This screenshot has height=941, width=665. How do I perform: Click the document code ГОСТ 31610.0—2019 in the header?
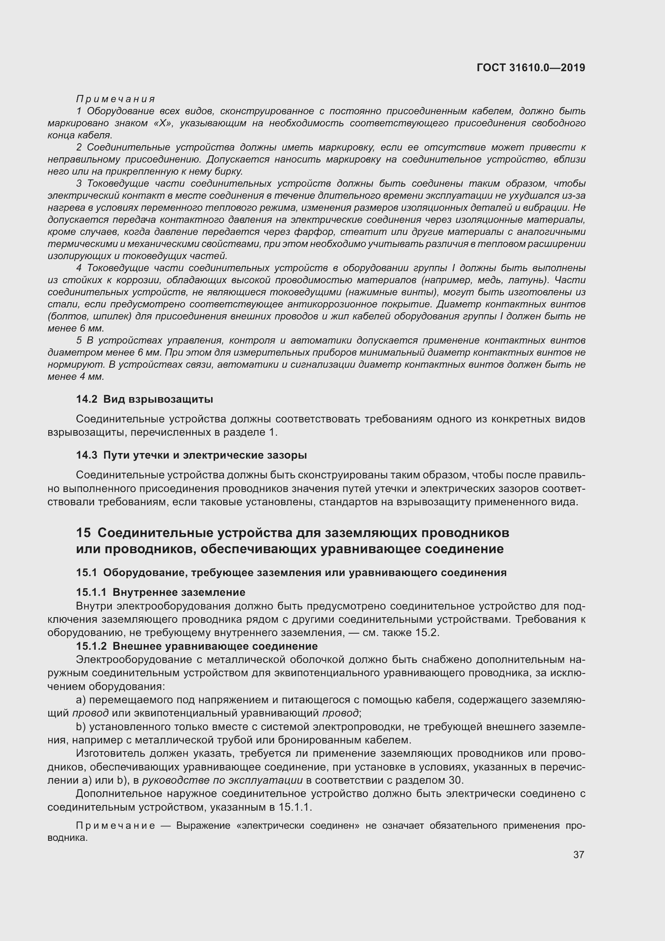point(531,68)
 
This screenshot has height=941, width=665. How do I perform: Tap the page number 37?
point(578,854)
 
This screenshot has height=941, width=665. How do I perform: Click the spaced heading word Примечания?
point(116,99)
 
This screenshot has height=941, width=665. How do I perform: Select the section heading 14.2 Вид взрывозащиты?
point(144,399)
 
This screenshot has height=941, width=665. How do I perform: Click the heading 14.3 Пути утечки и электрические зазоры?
point(191,455)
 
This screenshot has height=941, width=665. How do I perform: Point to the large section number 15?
point(83,532)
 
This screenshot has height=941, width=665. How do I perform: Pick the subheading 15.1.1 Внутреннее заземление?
point(160,592)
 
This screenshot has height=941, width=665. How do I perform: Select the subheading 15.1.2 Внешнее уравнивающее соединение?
point(197,646)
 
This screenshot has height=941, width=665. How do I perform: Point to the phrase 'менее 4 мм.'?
point(76,376)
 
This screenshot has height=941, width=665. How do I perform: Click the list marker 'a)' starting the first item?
point(81,700)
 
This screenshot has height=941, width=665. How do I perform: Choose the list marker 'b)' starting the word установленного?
point(81,727)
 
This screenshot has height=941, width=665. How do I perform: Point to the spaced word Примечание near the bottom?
point(115,825)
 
